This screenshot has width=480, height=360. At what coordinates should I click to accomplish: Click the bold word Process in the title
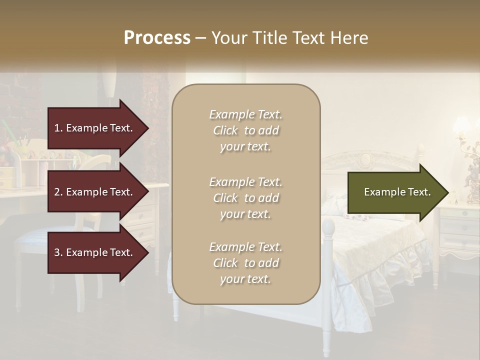click(x=157, y=38)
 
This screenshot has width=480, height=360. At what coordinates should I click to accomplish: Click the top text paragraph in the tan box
click(x=245, y=130)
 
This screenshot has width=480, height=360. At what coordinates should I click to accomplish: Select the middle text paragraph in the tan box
click(x=245, y=198)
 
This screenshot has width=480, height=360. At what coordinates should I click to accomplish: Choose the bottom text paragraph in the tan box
click(x=245, y=263)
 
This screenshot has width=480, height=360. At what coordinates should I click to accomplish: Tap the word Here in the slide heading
click(x=350, y=38)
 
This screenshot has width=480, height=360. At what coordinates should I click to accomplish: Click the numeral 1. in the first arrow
click(x=58, y=128)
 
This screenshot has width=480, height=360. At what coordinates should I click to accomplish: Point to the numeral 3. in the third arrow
click(x=58, y=252)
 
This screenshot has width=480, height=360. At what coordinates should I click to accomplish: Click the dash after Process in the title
click(x=200, y=38)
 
